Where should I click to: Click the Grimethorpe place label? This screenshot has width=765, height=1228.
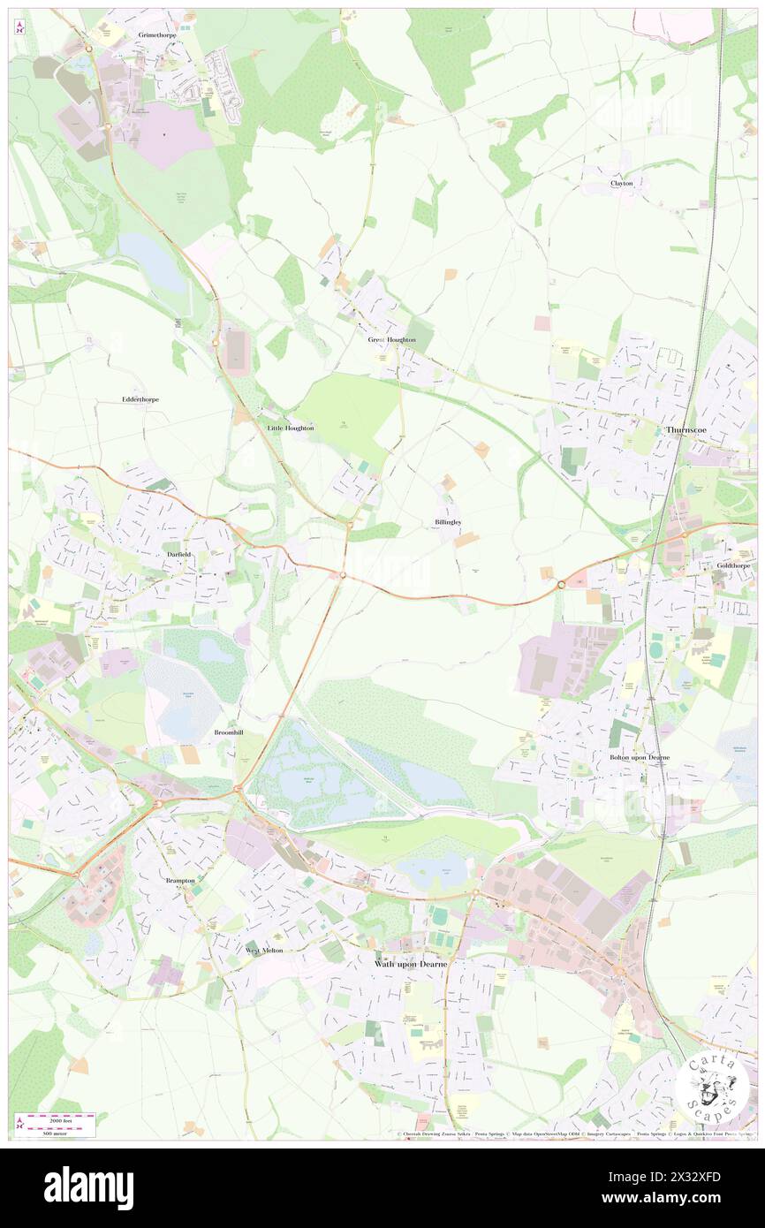pos(158,34)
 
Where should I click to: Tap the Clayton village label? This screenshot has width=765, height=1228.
pos(622,183)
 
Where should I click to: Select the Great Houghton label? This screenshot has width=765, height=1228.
pos(391,339)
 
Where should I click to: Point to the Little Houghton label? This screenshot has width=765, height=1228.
pos(291,428)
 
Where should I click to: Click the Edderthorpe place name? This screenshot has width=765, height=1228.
pos(140,399)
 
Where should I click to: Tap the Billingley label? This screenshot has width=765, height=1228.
pos(448,522)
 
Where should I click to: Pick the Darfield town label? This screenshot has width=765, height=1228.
pos(178,554)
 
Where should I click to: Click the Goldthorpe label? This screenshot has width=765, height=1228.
pos(734,564)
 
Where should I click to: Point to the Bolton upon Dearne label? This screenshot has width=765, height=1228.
pos(640,757)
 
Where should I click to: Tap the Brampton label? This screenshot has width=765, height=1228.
pos(180,881)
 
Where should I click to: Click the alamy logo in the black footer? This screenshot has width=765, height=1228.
pos(88,1187)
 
